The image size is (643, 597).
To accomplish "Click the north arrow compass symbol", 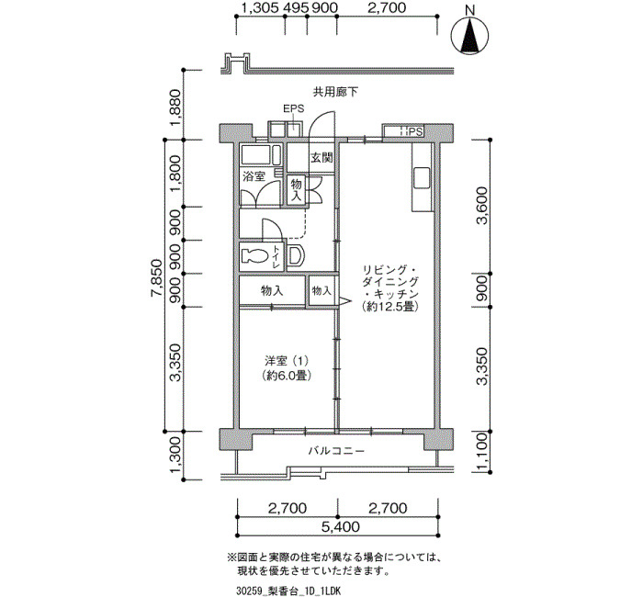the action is pyautogui.click(x=470, y=36).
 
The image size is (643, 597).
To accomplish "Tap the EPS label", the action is pyautogui.click(x=294, y=108).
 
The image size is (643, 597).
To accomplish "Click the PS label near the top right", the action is pyautogui.click(x=415, y=132).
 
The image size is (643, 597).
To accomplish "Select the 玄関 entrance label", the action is pyautogui.click(x=321, y=158).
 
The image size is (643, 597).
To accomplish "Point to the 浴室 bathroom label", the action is pyautogui.click(x=254, y=176).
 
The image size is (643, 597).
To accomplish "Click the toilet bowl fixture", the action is pyautogui.click(x=254, y=256).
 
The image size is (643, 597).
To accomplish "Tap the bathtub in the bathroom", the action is pyautogui.click(x=259, y=155).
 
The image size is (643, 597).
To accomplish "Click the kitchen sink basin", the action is pyautogui.click(x=422, y=177).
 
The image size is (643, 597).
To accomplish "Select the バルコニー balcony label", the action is pyautogui.click(x=336, y=452).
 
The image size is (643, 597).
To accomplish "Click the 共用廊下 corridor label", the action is pyautogui.click(x=335, y=92).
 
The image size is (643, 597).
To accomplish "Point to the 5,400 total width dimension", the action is pyautogui.click(x=341, y=527).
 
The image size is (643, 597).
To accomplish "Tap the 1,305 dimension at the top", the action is pyautogui.click(x=261, y=7).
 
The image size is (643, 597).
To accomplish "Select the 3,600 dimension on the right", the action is pyautogui.click(x=482, y=206).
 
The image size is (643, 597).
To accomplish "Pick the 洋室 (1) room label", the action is pyautogui.click(x=287, y=361).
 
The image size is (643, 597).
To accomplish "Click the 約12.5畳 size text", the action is pyautogui.click(x=390, y=307).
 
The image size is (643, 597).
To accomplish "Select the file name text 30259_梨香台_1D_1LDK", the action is pyautogui.click(x=288, y=591).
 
